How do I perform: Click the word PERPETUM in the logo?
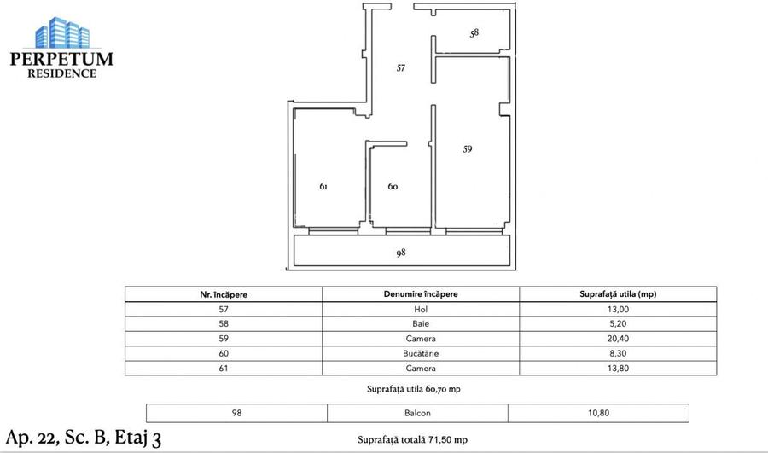61,59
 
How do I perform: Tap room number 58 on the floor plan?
474,33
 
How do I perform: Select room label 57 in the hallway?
400,69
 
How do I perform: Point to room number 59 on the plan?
467,149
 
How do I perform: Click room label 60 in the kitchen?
393,186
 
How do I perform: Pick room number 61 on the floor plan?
323,186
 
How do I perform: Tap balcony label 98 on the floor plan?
401,253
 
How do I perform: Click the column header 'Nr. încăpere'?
224,294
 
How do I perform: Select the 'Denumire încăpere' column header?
420,294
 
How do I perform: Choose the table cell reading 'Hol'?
420,309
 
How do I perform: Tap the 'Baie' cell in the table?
420,324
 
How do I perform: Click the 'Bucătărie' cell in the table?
420,354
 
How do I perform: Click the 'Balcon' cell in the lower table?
417,413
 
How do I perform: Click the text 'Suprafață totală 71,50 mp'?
412,440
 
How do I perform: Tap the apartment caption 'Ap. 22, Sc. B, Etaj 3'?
83,438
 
